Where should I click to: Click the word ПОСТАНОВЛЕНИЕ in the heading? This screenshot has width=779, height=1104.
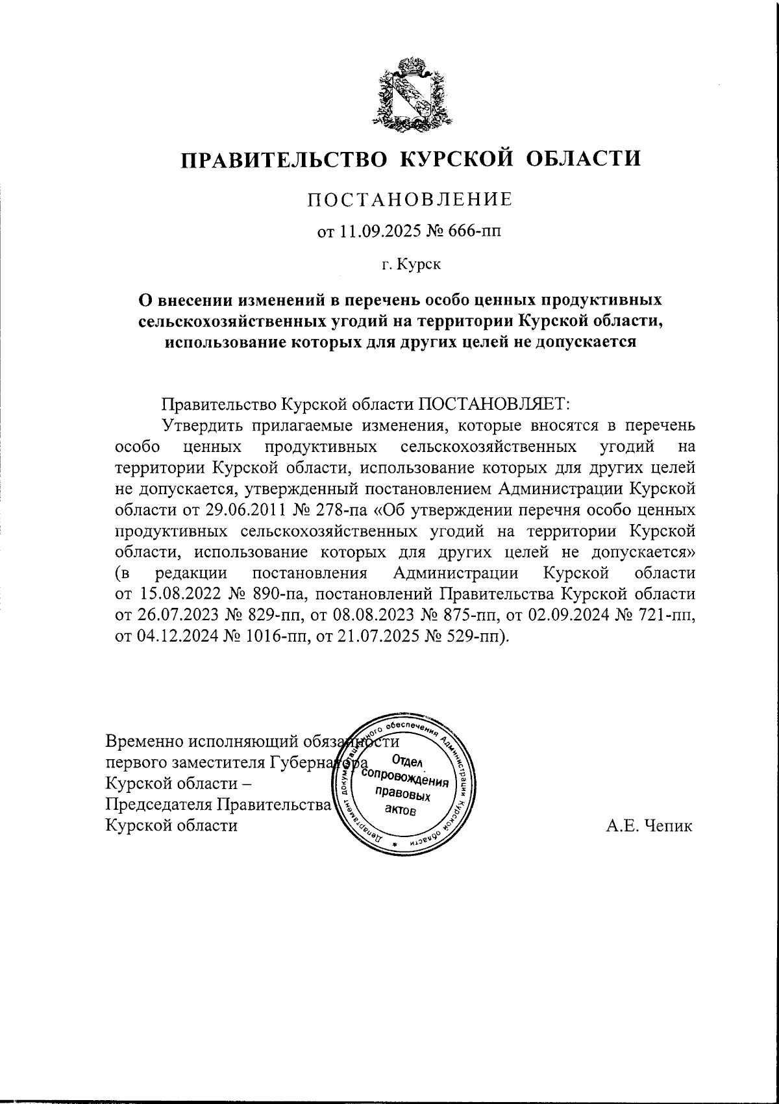point(410,199)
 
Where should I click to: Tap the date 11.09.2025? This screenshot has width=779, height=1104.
point(376,232)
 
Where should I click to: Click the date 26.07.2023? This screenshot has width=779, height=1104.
point(171,615)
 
